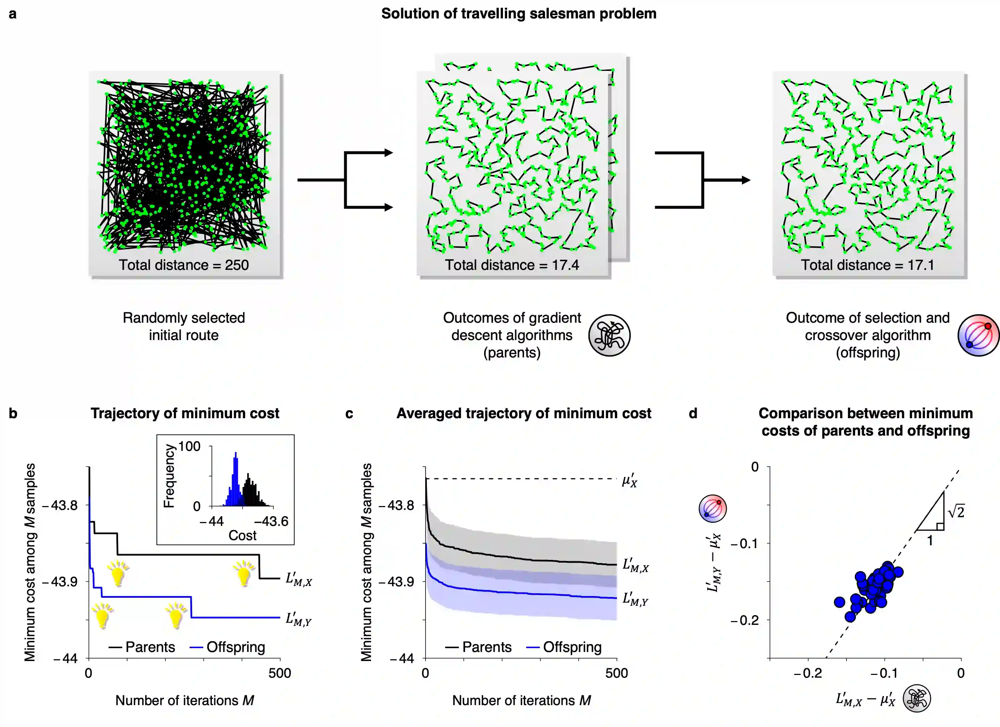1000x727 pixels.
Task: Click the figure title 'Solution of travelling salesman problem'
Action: (519, 14)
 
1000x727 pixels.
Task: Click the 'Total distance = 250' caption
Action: (183, 265)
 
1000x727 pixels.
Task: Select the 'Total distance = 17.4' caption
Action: (512, 265)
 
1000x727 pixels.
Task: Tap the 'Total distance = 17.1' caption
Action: (867, 265)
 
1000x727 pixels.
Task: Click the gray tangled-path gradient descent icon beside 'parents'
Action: (609, 335)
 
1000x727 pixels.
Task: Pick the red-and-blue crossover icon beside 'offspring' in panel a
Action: (978, 335)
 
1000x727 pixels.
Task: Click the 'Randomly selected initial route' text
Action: (183, 326)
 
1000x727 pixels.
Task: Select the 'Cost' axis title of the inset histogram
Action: (242, 535)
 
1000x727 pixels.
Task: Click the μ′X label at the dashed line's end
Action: (629, 480)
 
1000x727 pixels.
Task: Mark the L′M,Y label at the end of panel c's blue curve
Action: (635, 600)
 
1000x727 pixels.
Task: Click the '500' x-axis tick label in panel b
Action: (280, 673)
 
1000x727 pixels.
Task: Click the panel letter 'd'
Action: (693, 414)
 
